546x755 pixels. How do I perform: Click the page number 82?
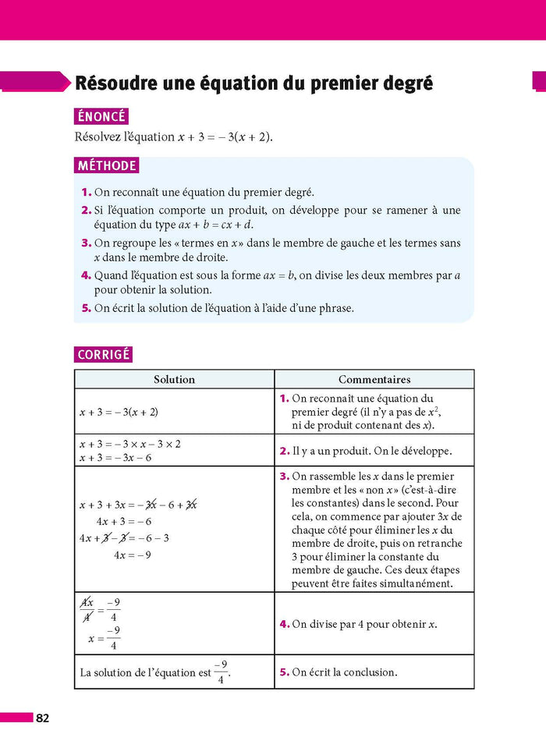42,718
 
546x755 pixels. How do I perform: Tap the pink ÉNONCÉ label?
101,116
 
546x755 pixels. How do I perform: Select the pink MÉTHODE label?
107,166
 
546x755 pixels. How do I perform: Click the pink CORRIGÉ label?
104,355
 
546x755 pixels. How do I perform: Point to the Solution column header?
174,380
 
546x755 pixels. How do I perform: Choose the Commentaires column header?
374,380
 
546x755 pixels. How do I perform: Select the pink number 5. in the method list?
87,308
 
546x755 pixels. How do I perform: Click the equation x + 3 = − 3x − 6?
115,458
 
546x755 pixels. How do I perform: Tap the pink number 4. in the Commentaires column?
284,625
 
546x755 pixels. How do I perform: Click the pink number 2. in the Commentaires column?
284,452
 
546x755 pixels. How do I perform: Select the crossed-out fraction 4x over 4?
87,611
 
